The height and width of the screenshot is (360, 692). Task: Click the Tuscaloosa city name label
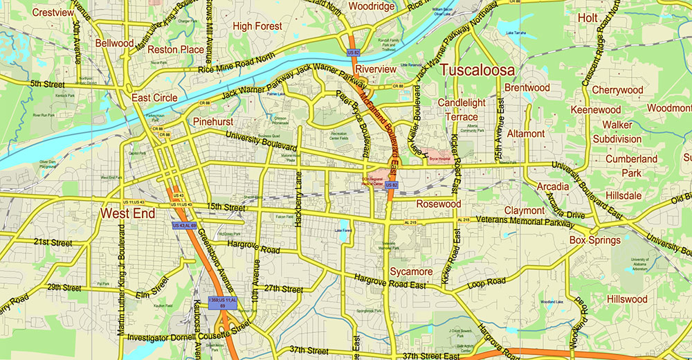pyautogui.click(x=477, y=71)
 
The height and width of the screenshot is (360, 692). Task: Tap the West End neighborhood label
pyautogui.click(x=127, y=213)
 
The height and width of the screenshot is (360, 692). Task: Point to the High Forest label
pyautogui.click(x=257, y=26)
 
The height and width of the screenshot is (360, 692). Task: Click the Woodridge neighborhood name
pyautogui.click(x=371, y=7)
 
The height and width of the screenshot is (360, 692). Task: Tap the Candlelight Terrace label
pyautogui.click(x=462, y=109)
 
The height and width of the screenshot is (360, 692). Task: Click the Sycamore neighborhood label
pyautogui.click(x=411, y=271)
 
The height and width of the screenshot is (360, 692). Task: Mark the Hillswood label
pyautogui.click(x=626, y=299)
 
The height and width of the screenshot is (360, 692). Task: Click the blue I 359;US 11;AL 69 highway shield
pyautogui.click(x=223, y=304)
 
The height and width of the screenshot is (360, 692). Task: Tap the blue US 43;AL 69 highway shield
pyautogui.click(x=185, y=226)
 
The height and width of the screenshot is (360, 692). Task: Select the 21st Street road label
pyautogui.click(x=53, y=243)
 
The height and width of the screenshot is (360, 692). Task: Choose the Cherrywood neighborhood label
pyautogui.click(x=617, y=90)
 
